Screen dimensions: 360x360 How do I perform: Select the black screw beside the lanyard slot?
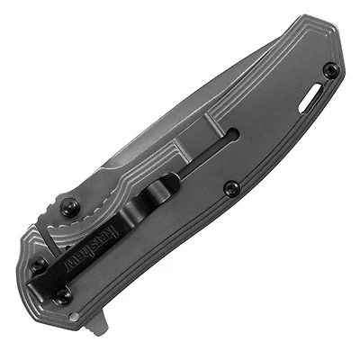(329, 69)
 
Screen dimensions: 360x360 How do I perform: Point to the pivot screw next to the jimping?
(68, 205)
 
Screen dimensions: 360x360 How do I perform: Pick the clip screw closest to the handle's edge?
(39, 265)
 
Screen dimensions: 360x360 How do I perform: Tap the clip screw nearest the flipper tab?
(64, 293)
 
